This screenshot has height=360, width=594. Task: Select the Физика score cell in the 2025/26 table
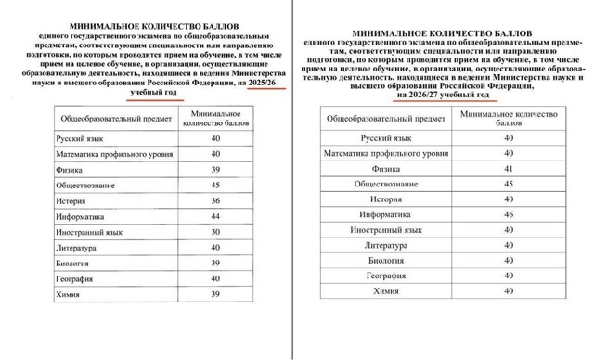[215, 171]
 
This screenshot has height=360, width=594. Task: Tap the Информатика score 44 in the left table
[215, 216]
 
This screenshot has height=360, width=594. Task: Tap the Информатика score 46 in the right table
[509, 214]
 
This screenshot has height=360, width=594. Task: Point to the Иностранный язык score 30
[215, 232]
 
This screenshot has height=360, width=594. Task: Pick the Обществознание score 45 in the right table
[509, 185]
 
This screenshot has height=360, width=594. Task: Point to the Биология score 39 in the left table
[215, 263]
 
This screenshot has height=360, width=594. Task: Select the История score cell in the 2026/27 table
[509, 199]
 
